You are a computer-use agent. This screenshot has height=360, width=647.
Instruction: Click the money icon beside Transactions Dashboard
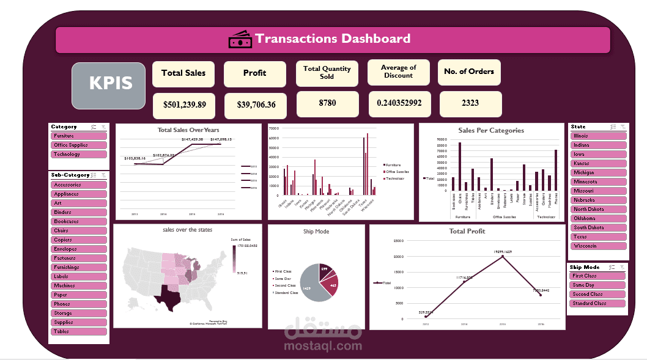pyautogui.click(x=240, y=39)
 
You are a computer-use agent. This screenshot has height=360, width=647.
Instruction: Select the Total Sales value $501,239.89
pyautogui.click(x=183, y=105)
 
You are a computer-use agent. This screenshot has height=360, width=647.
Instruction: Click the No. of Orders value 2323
pyautogui.click(x=470, y=103)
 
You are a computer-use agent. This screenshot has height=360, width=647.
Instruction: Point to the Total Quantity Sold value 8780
pyautogui.click(x=327, y=103)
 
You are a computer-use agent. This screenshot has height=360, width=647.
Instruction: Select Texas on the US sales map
pyautogui.click(x=167, y=296)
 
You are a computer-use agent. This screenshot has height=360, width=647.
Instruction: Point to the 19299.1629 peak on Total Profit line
pyautogui.click(x=503, y=256)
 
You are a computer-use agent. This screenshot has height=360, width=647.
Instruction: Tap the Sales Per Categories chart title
pyautogui.click(x=490, y=130)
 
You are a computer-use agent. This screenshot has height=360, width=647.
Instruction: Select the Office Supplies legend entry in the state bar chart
pyautogui.click(x=395, y=171)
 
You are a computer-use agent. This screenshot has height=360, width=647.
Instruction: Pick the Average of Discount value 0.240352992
pyautogui.click(x=399, y=103)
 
